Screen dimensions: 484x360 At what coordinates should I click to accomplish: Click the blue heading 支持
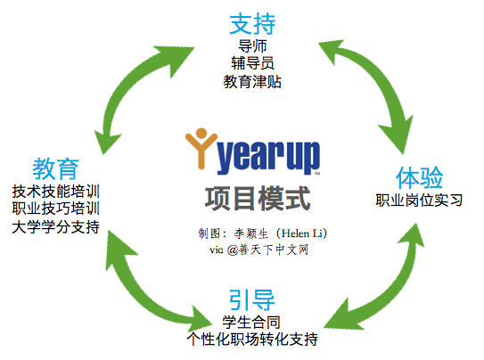click(x=252, y=24)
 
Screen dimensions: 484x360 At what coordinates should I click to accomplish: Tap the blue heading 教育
click(x=55, y=168)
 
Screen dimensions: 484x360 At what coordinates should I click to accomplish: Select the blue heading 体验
click(x=419, y=177)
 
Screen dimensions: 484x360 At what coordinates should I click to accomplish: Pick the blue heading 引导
click(x=251, y=299)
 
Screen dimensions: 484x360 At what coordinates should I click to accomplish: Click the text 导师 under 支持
click(x=252, y=46)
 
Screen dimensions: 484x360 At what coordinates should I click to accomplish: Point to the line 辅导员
click(x=252, y=63)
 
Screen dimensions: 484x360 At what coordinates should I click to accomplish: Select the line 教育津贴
click(x=252, y=82)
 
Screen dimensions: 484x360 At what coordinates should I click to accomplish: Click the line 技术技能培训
click(x=56, y=192)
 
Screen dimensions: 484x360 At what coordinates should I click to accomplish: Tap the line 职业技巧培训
click(x=56, y=209)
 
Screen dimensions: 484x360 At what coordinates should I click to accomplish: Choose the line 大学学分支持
click(x=56, y=227)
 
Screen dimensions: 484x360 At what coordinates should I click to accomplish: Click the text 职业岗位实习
click(x=419, y=200)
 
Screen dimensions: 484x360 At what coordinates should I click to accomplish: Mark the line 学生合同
click(x=251, y=323)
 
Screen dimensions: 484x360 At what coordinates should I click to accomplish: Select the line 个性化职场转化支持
click(x=252, y=340)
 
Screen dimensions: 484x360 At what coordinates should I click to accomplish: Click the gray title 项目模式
click(x=258, y=199)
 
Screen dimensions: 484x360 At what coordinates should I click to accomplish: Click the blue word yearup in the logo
click(x=268, y=158)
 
